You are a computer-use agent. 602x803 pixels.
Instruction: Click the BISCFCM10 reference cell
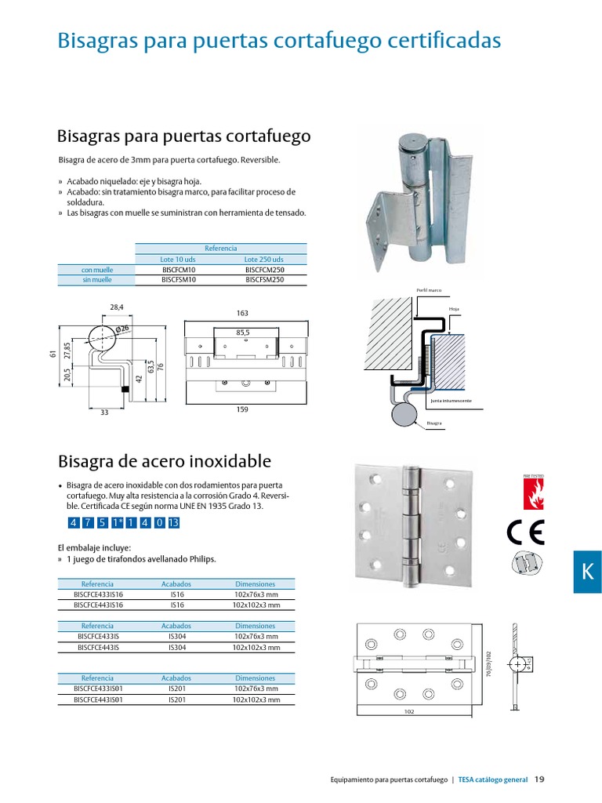(178, 270)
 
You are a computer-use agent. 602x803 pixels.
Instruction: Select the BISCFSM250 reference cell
(263, 279)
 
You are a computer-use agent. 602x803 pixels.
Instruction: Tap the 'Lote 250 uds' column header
(263, 260)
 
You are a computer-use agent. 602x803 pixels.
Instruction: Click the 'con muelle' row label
(97, 270)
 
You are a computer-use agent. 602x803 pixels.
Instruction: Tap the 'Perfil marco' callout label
(429, 290)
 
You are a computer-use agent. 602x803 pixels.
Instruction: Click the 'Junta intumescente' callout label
(451, 400)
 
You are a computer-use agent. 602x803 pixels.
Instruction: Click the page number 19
(539, 779)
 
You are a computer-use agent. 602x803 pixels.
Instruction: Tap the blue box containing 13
(173, 523)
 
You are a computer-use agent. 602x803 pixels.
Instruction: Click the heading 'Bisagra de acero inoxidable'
(165, 460)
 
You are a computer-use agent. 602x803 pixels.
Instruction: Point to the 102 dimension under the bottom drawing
(408, 711)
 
